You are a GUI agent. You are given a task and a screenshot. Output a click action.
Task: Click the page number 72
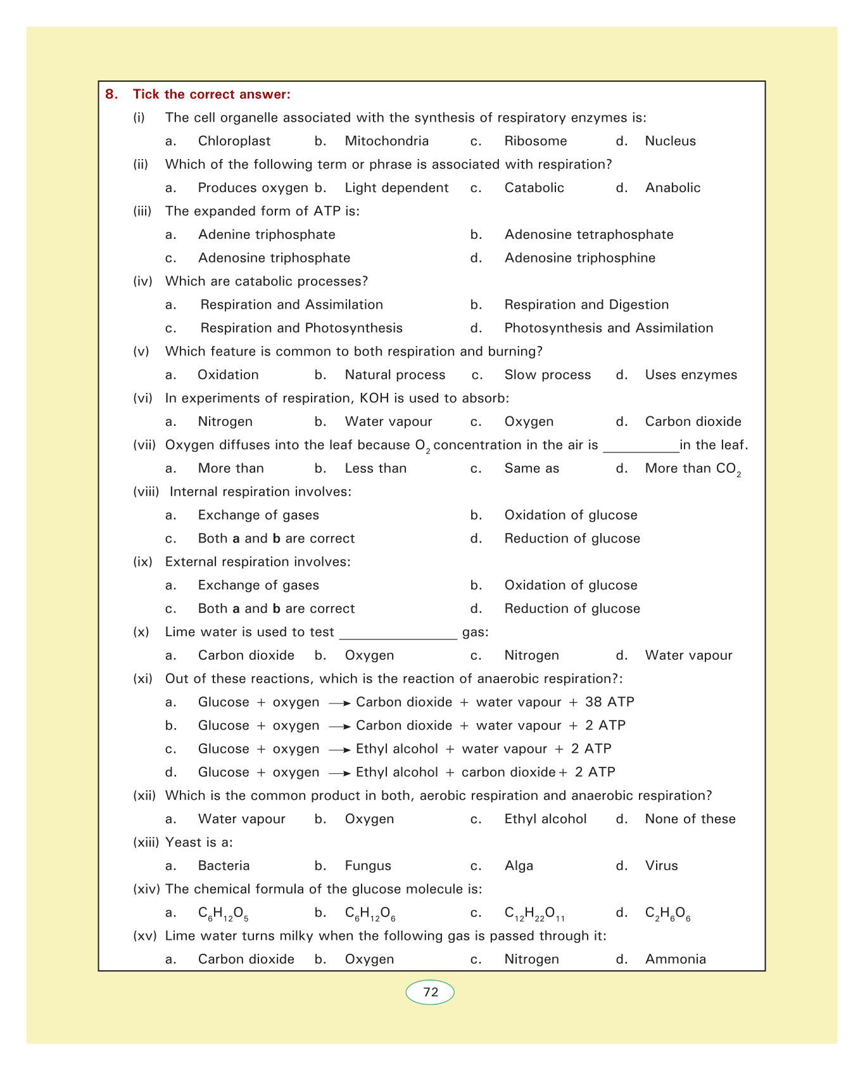pos(430,992)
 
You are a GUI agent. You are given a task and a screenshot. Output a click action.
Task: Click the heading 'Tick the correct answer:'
pos(212,94)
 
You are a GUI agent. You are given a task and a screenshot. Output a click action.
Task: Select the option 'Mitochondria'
pos(386,141)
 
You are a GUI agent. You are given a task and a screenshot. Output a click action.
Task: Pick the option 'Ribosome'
pos(535,141)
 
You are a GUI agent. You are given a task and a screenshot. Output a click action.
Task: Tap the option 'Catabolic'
pos(534,188)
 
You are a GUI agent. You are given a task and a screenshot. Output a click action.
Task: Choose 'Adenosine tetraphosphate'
pos(588,235)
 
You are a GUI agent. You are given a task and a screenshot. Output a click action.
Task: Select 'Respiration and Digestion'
pos(586,305)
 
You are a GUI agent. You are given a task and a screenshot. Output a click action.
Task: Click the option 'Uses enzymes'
pos(690,375)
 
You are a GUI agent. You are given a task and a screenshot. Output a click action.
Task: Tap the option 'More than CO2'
pos(693,469)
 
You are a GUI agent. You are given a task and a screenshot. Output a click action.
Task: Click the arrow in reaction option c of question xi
pos(339,750)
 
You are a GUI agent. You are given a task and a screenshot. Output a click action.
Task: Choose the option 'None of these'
pos(690,819)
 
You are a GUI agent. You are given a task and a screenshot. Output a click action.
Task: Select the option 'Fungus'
pos(368,866)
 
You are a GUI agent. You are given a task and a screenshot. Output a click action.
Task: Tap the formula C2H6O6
pos(667,914)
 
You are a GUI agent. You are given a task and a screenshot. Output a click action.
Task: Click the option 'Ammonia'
pos(675,959)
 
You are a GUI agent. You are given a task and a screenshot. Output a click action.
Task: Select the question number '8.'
pos(111,94)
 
